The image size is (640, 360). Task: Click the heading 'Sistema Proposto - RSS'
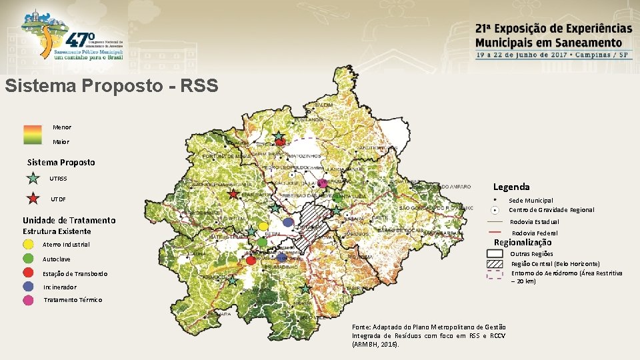(111, 86)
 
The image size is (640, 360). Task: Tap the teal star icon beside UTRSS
(33, 178)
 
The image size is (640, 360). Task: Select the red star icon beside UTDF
(33, 198)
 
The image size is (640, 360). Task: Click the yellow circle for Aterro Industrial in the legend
(29, 244)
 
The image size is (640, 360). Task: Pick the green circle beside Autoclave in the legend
(29, 258)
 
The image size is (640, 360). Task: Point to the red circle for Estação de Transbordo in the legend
(29, 272)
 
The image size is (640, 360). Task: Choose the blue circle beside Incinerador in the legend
(29, 286)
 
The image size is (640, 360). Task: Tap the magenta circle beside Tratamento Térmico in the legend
(29, 300)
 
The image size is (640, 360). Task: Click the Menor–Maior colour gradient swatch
(33, 135)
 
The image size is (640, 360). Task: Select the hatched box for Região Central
(494, 263)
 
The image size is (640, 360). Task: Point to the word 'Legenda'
(511, 187)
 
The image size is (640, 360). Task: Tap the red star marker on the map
(233, 194)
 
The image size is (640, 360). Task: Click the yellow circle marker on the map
(263, 227)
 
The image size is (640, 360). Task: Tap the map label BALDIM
(323, 106)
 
